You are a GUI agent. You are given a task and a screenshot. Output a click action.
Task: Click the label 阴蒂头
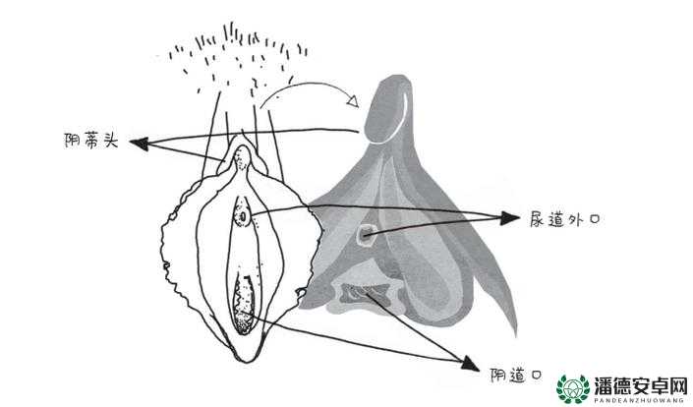(x=92, y=141)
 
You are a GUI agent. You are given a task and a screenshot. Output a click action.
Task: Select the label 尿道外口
(x=565, y=219)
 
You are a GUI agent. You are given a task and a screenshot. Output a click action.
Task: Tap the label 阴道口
(x=516, y=376)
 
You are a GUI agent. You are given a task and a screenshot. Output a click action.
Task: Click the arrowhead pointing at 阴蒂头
(x=139, y=144)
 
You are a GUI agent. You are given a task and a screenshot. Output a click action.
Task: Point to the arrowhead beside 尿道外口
(x=510, y=217)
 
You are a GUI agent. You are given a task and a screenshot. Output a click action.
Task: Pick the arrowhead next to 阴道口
(x=470, y=364)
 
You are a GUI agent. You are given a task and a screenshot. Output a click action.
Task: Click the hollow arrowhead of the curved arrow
(x=353, y=100)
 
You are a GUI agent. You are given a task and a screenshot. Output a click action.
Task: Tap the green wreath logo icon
(x=573, y=389)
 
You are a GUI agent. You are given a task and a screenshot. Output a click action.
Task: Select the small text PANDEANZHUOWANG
(x=641, y=400)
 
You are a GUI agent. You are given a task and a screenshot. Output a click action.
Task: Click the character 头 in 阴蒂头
(x=111, y=141)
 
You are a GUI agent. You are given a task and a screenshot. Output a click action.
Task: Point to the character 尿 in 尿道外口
(x=538, y=219)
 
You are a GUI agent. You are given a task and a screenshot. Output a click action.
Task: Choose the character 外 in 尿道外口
(x=574, y=219)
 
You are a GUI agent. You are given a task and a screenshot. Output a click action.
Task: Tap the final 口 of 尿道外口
(x=595, y=219)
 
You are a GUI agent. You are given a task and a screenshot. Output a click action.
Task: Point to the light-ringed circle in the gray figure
(x=366, y=233)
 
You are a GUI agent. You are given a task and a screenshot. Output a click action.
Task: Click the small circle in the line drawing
(x=243, y=216)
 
